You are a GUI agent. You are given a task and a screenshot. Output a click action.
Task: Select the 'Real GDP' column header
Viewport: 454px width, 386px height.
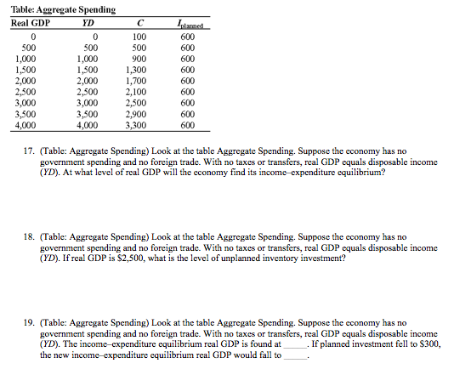[31, 23]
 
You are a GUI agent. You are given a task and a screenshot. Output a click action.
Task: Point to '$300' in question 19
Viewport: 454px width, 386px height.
[429, 344]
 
